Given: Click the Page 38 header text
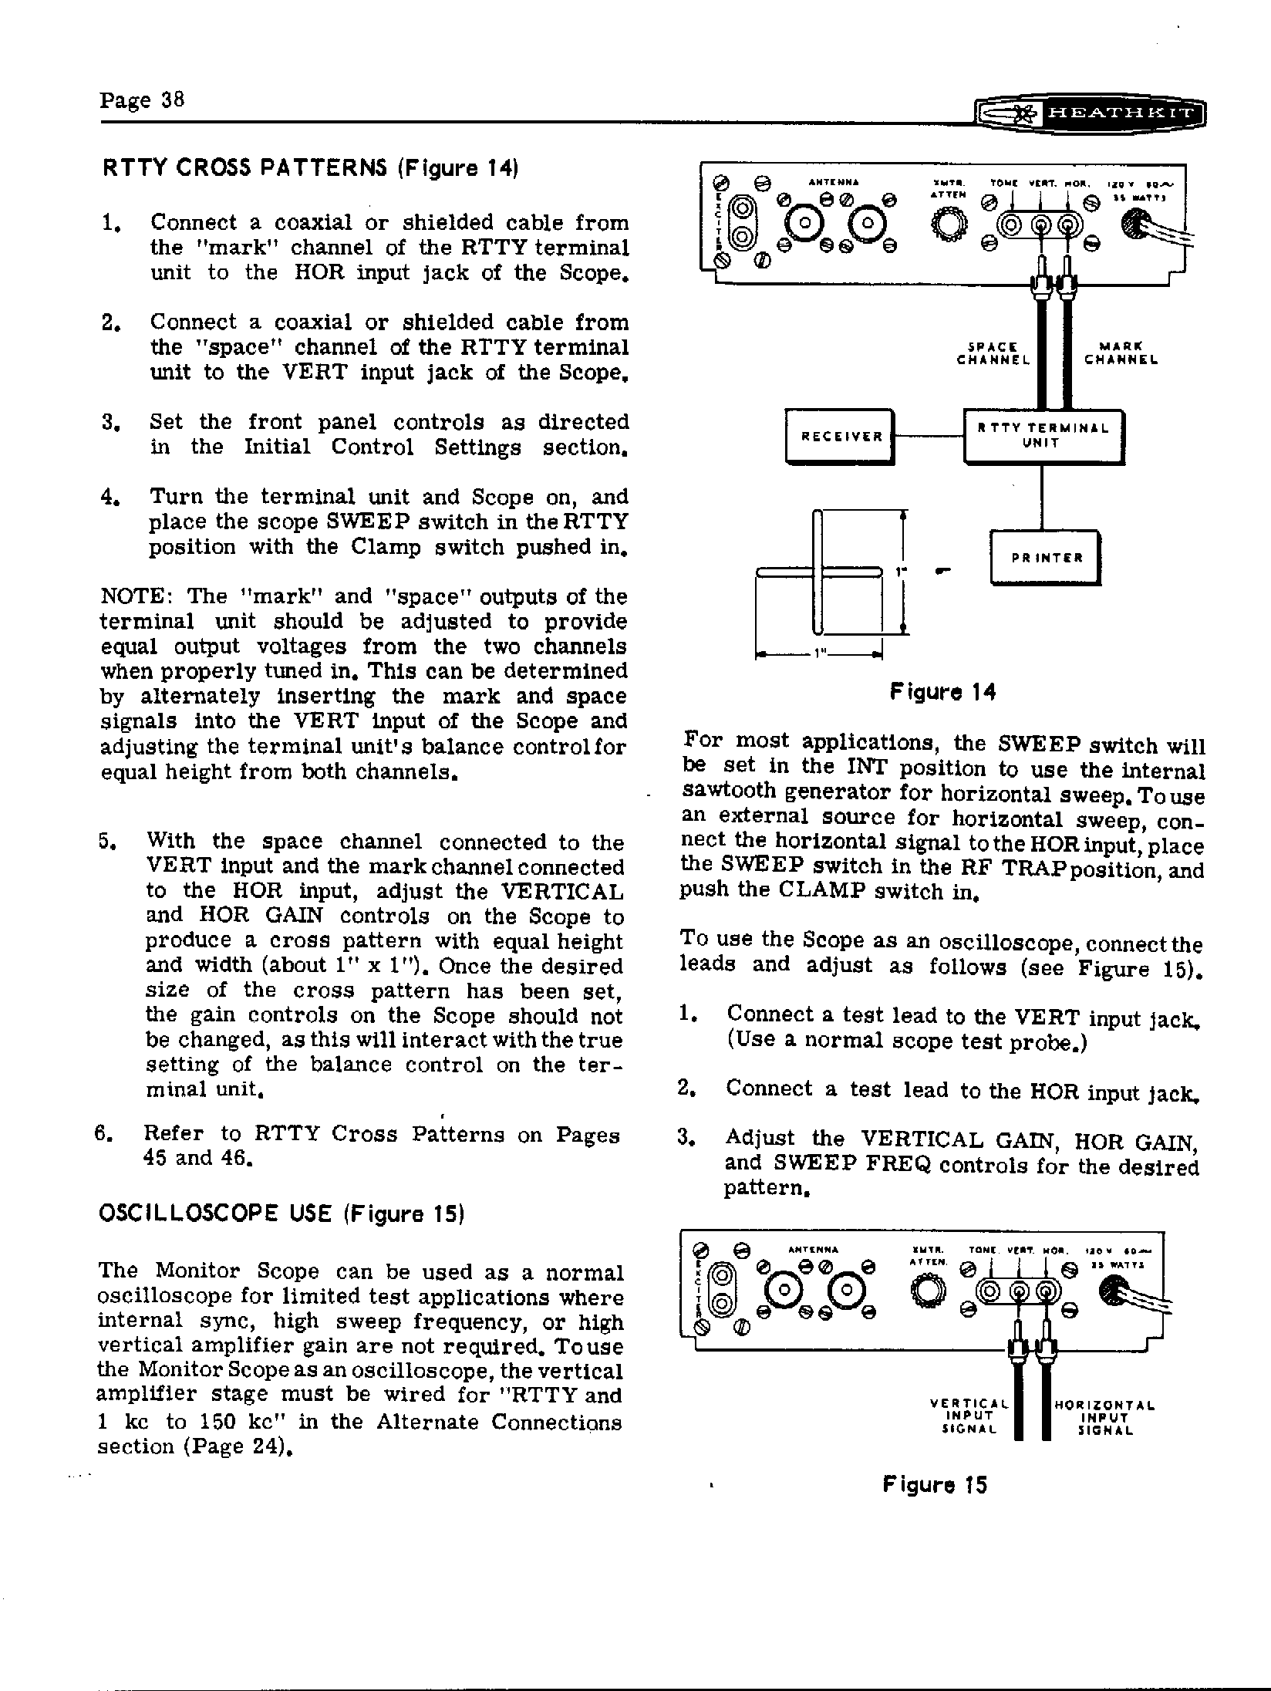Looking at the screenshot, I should click(142, 101).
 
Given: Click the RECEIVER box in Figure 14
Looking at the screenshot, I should click(839, 437).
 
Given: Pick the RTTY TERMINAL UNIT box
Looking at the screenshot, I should click(1043, 437).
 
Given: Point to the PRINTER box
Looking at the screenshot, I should click(1045, 557).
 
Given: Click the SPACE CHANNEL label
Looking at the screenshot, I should click(993, 353).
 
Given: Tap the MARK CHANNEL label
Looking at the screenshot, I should click(1121, 353).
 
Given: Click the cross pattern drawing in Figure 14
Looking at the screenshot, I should click(819, 572).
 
